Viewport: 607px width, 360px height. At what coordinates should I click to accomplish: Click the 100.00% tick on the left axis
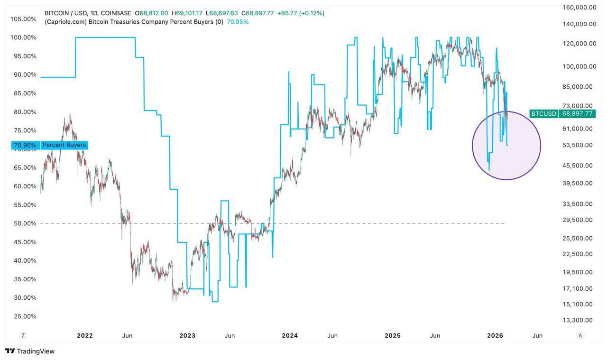pos(23,37)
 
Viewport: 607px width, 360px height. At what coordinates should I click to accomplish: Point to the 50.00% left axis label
pos(23,223)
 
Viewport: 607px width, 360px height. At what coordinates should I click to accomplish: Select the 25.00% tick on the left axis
pos(23,316)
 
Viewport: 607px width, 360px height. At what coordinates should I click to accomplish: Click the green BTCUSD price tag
pos(562,114)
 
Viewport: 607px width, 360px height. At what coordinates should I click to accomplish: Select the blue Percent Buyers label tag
pos(64,145)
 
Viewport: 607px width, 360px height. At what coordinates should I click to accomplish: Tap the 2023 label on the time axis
pos(187,336)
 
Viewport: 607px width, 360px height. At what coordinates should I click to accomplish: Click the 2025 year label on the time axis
pos(393,336)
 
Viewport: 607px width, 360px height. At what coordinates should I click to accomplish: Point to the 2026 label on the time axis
pos(495,336)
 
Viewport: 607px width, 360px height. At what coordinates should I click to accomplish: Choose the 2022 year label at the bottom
pos(85,336)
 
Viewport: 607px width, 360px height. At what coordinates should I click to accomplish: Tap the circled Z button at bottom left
pos(23,335)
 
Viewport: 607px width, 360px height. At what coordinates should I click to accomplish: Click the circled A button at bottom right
pos(580,335)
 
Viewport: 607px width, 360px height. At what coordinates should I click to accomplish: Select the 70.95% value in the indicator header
pos(238,22)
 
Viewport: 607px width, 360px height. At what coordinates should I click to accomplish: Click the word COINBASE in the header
pos(116,13)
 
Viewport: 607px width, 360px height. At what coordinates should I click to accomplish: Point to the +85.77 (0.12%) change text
pos(301,13)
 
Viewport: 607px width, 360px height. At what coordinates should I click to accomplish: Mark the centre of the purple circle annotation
pos(506,146)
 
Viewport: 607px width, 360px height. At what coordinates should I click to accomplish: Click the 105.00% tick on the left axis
pos(23,19)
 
